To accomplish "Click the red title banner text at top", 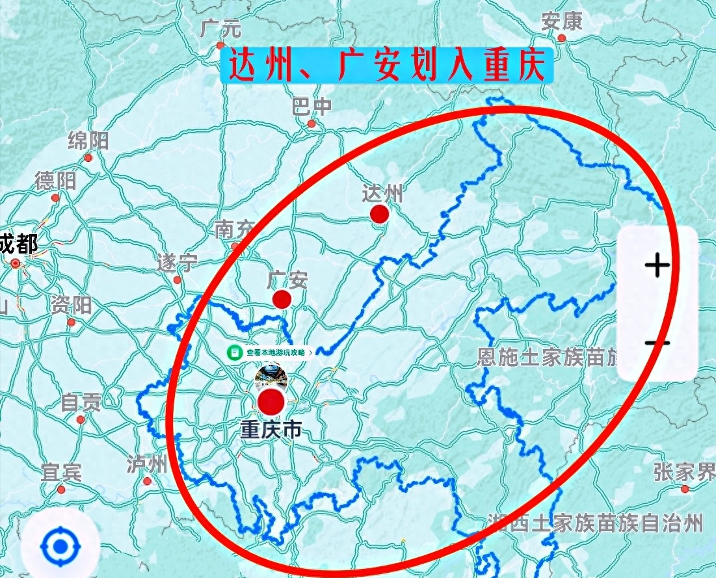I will [386, 65].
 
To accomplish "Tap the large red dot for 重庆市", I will [272, 402].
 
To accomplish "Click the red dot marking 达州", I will [379, 214].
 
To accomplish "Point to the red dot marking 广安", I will [282, 299].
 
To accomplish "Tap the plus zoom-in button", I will [657, 265].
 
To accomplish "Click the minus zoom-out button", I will [657, 343].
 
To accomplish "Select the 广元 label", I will [220, 29].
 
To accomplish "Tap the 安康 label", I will [561, 22].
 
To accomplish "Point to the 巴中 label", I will [312, 106].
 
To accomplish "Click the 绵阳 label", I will [88, 140].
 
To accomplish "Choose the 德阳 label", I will [56, 181].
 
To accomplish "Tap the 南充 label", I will [234, 229].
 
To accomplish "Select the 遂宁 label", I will [177, 263].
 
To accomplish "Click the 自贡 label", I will [81, 403].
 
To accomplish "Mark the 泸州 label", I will [147, 464].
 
